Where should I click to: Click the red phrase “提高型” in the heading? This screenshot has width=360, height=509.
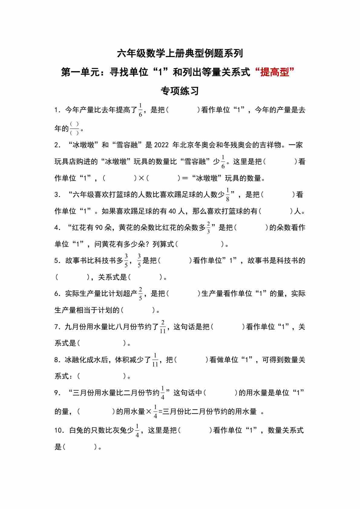click(275, 72)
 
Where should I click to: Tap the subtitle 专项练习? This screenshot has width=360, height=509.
click(180, 91)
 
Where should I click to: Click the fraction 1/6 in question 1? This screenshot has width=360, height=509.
click(140, 110)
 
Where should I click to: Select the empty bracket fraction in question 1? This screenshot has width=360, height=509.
click(74, 129)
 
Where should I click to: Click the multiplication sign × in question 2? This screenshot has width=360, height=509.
click(141, 178)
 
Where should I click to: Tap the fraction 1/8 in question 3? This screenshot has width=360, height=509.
click(227, 195)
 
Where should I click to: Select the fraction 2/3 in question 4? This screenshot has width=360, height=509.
click(208, 228)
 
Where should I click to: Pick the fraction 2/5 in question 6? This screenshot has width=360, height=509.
click(140, 294)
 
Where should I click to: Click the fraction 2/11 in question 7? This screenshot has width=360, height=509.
click(163, 327)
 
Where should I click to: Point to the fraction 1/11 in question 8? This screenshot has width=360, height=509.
click(155, 360)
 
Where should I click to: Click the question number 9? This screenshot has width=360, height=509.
click(57, 393)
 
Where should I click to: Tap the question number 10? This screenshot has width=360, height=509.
click(58, 430)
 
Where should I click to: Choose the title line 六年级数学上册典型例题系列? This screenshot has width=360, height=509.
click(180, 54)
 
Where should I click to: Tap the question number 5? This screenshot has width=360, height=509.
click(57, 261)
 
